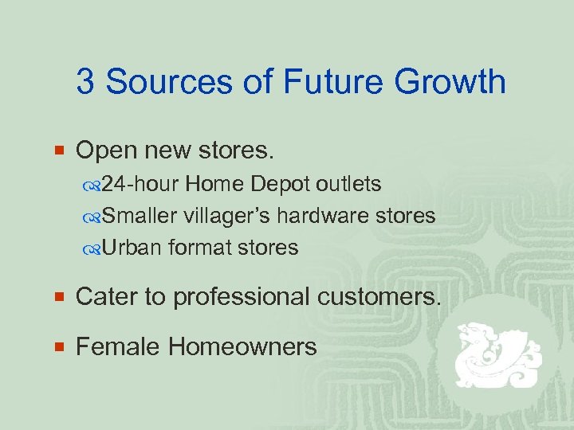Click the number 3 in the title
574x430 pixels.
[x=85, y=82]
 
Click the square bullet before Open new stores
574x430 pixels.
[x=62, y=149]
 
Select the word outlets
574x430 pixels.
[x=348, y=184]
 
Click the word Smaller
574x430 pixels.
[x=140, y=216]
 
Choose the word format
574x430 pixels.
[x=196, y=248]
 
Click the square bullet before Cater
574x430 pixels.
[x=62, y=297]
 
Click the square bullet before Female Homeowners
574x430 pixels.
[x=62, y=346]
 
